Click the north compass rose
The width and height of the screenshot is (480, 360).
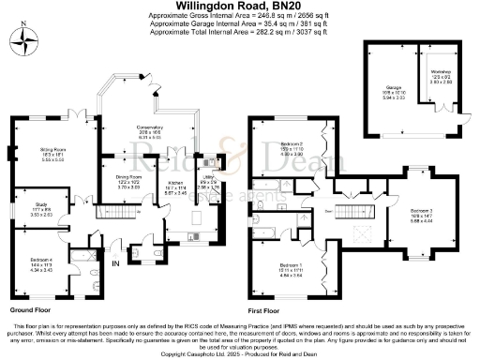[25, 41]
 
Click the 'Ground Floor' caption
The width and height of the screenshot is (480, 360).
[31, 308]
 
